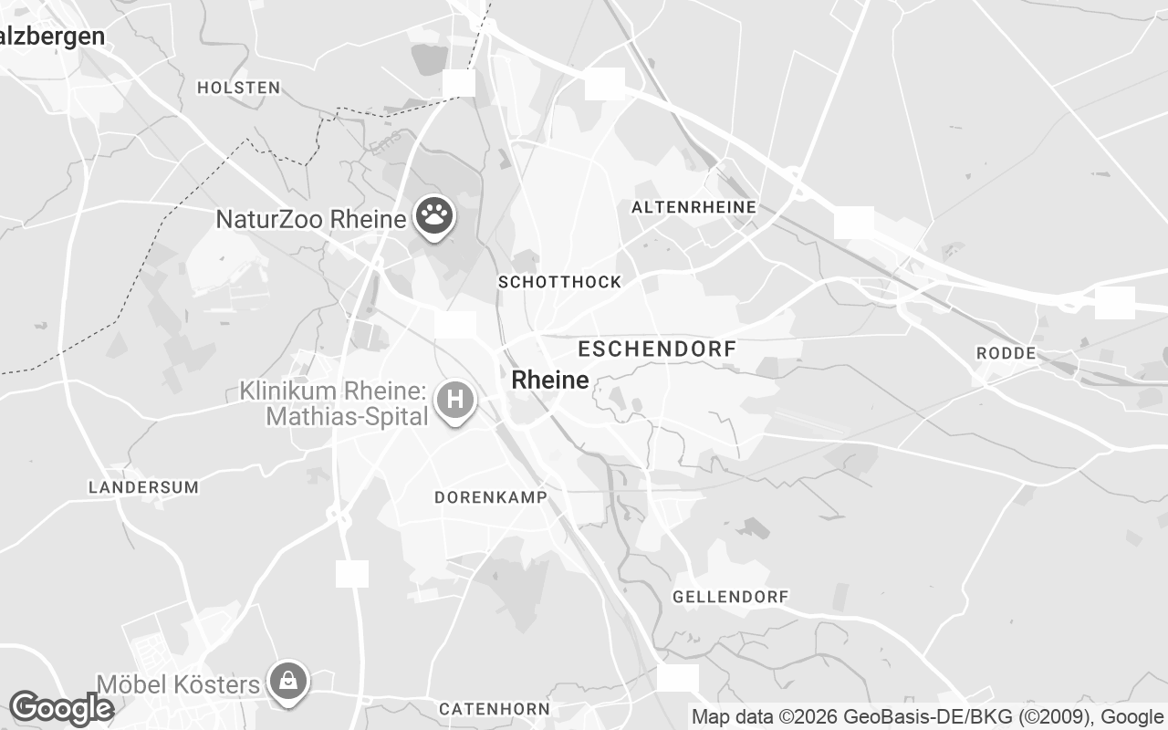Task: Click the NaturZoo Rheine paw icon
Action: [435, 216]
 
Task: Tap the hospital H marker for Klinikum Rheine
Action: [455, 400]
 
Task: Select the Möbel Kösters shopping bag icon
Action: [288, 681]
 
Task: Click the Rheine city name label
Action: [550, 380]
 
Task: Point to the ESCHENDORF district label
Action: [657, 349]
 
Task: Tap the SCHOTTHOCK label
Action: [559, 282]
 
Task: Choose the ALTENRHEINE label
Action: [693, 207]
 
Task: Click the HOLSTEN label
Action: [238, 88]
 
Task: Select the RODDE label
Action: [1006, 353]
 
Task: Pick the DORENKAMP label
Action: [491, 497]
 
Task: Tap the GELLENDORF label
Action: [730, 597]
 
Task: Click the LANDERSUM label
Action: [143, 487]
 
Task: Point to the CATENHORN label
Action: [494, 709]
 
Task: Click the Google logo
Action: [60, 708]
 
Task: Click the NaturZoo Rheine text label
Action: [310, 219]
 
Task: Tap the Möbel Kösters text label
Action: [179, 684]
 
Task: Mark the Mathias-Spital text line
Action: [347, 417]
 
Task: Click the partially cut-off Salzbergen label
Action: [52, 36]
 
